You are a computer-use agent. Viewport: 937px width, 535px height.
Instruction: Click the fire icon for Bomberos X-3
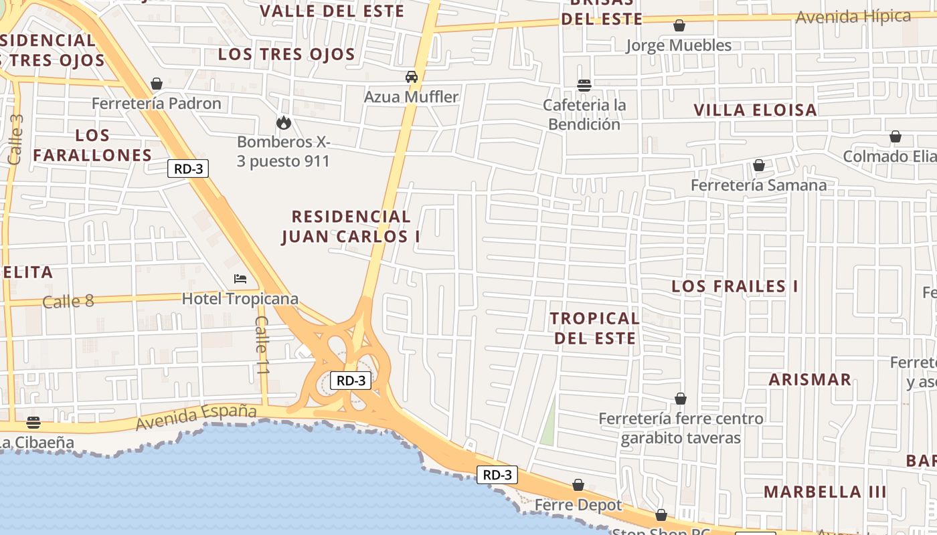click(x=284, y=122)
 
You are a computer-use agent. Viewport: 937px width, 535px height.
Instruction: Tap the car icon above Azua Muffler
click(x=412, y=77)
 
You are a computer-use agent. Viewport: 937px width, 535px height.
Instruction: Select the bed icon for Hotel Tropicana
click(x=240, y=279)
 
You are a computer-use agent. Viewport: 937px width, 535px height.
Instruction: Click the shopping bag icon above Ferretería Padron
click(x=157, y=84)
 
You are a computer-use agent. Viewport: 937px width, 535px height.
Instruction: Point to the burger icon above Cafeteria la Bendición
click(x=584, y=85)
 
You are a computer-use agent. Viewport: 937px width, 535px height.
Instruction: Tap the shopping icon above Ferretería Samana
click(x=759, y=165)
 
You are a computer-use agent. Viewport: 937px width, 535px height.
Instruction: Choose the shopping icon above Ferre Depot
click(x=578, y=485)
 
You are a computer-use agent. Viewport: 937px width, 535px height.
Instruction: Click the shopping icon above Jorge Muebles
click(x=679, y=25)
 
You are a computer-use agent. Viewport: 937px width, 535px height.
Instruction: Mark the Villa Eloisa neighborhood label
click(x=755, y=110)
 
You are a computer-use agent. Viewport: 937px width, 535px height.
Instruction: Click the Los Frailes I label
click(x=735, y=287)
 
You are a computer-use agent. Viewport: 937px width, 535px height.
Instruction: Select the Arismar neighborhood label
click(x=810, y=380)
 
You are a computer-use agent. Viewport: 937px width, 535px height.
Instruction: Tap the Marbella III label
click(x=825, y=492)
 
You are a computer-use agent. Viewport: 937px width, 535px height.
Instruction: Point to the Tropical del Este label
click(x=595, y=328)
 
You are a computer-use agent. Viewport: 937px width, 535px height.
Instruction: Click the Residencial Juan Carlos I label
click(x=351, y=227)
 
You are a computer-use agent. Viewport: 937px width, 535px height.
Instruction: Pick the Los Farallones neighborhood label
click(x=92, y=145)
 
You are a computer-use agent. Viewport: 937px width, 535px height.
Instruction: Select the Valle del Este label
click(x=332, y=11)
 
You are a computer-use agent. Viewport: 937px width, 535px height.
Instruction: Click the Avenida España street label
click(x=196, y=417)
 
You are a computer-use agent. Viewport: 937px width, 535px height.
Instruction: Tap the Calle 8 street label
click(x=68, y=302)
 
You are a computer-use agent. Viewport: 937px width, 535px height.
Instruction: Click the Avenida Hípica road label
click(x=853, y=17)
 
